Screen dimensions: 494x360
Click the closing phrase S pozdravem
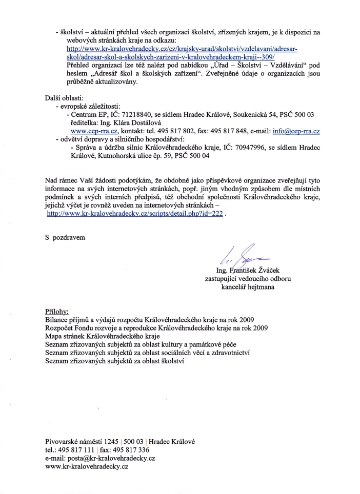point(65,238)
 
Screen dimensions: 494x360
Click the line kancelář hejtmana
point(248,287)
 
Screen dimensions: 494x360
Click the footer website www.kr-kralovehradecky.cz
point(87,466)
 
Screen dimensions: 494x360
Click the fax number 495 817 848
point(237,131)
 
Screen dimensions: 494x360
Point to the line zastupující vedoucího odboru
point(248,279)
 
